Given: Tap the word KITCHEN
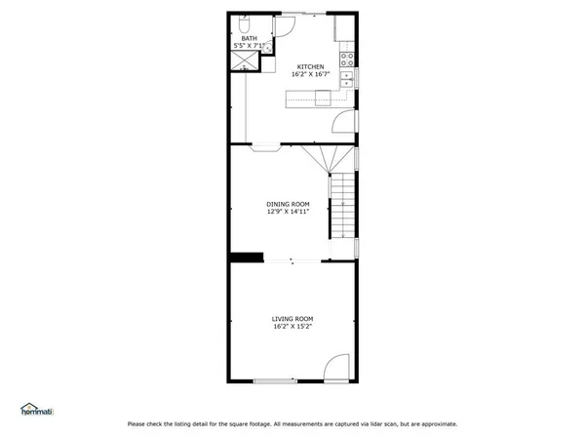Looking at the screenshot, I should click(310, 66).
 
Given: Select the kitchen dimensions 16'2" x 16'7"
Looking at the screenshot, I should click(310, 74).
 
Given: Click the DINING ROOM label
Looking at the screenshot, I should click(288, 203).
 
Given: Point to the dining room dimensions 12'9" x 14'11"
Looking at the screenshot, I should click(288, 211).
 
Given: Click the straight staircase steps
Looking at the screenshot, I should click(341, 206).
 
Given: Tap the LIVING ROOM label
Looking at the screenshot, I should click(292, 319).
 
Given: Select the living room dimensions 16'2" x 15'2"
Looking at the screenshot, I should click(292, 327).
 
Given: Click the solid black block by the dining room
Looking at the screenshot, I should click(247, 258).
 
